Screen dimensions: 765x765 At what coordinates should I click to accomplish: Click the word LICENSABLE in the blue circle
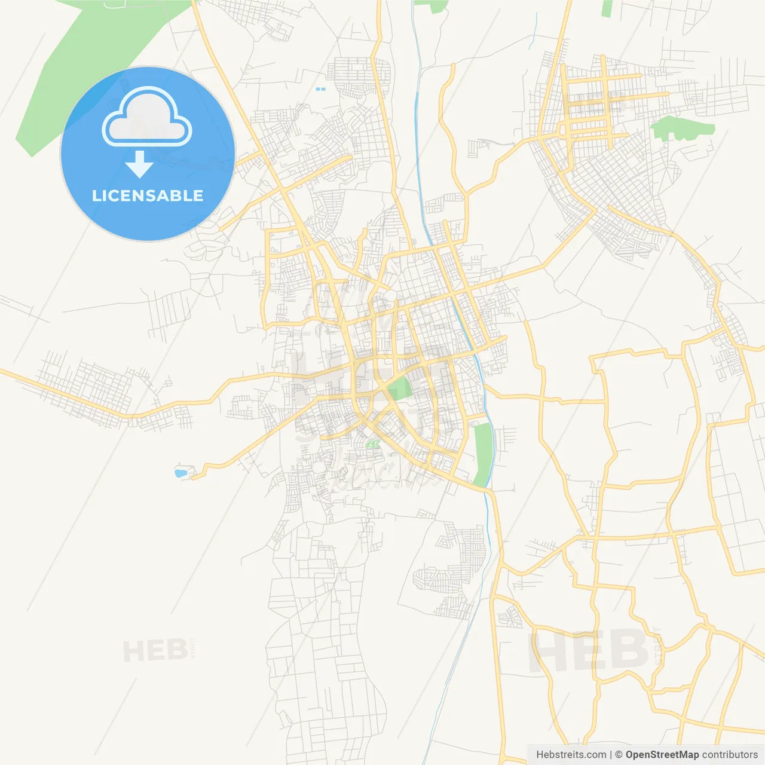point(148,195)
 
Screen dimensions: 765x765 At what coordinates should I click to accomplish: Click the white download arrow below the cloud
point(139,164)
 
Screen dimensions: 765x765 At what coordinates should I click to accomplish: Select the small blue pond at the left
point(180,473)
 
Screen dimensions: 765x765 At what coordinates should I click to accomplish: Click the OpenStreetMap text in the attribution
point(662,755)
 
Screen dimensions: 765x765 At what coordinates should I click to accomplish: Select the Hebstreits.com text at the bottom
point(571,755)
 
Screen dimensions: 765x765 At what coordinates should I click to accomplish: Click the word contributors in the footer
point(730,755)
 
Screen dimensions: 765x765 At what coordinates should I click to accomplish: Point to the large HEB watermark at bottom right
point(589,650)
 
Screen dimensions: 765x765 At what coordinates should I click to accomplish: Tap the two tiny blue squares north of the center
point(320,89)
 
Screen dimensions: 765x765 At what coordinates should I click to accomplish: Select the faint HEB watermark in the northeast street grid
point(598,106)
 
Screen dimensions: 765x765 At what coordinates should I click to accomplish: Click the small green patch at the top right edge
point(607,8)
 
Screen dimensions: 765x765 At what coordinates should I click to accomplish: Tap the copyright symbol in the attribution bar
point(619,755)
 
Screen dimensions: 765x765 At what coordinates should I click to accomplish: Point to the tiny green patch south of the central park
point(374,444)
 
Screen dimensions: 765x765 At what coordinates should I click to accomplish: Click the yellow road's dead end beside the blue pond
point(193,476)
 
